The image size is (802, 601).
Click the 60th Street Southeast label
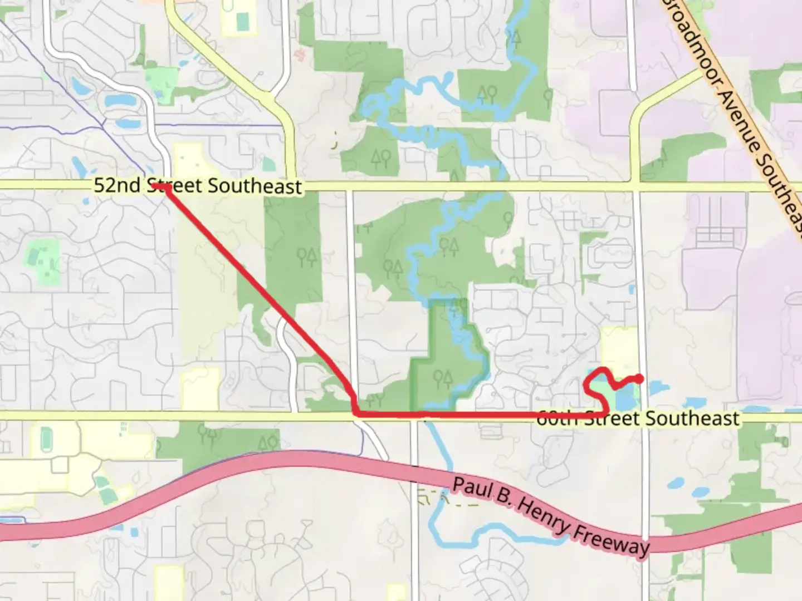click(638, 418)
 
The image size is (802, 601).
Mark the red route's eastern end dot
click(640, 379)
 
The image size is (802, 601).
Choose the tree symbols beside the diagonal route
click(306, 257)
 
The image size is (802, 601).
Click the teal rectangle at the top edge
click(242, 21)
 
